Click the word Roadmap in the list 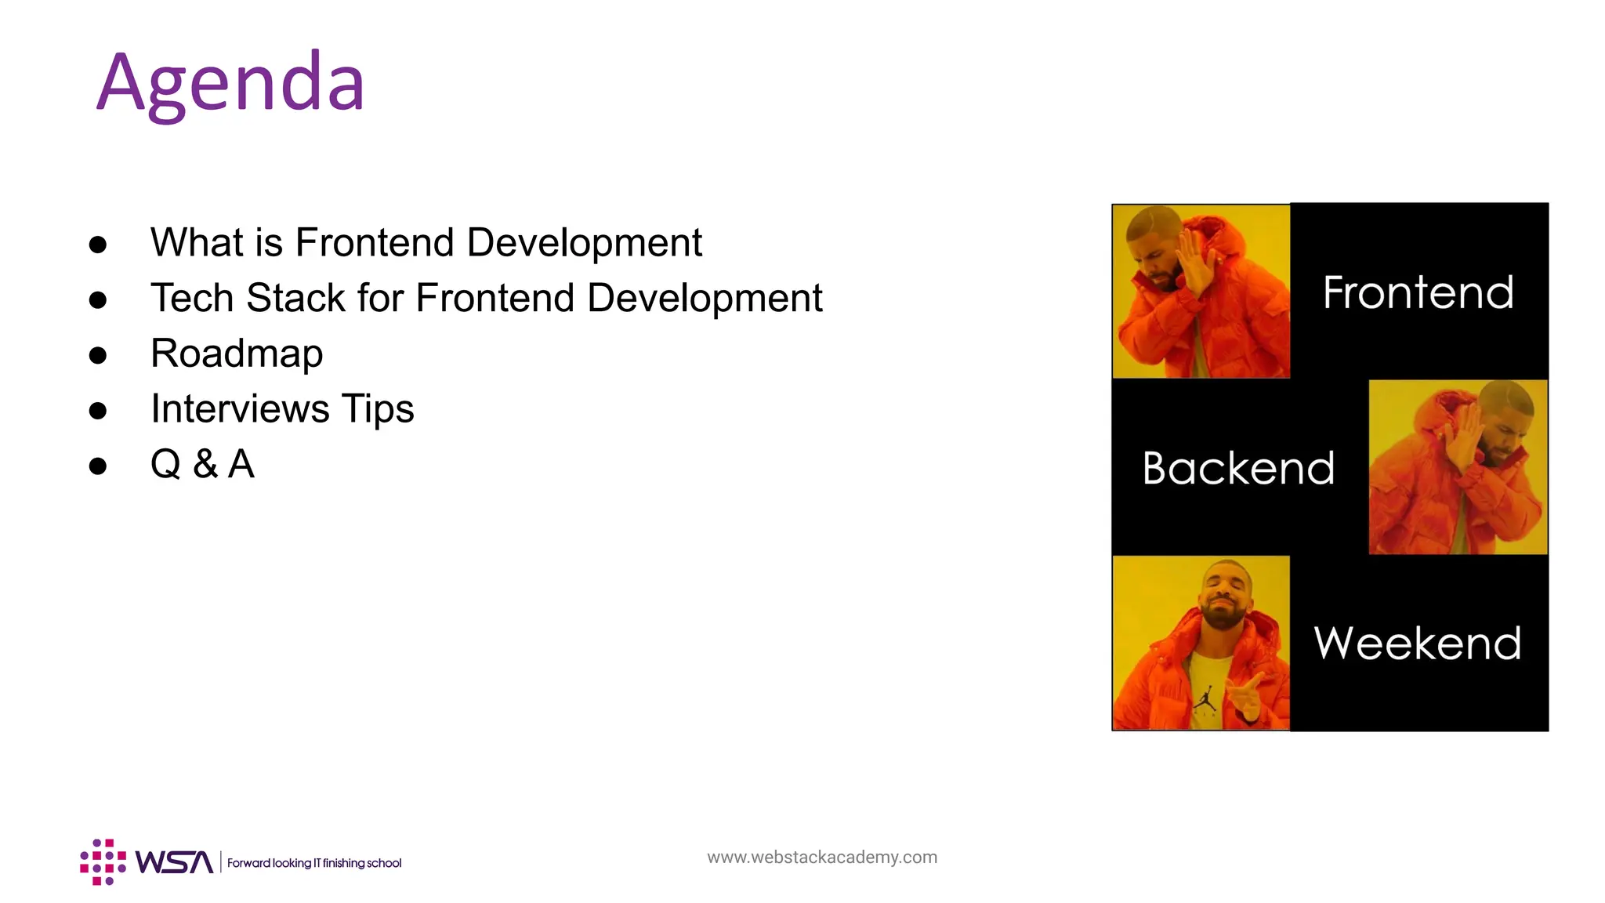click(237, 354)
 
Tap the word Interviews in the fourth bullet click(240, 409)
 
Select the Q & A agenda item click(202, 464)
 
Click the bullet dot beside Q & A click(98, 466)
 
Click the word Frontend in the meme click(1418, 293)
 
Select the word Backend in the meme click(1238, 469)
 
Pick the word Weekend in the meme click(1417, 644)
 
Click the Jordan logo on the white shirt click(1205, 698)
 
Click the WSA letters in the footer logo click(174, 862)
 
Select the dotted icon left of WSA click(103, 861)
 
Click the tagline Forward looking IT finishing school click(314, 863)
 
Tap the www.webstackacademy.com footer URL click(822, 858)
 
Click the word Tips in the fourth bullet click(377, 409)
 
